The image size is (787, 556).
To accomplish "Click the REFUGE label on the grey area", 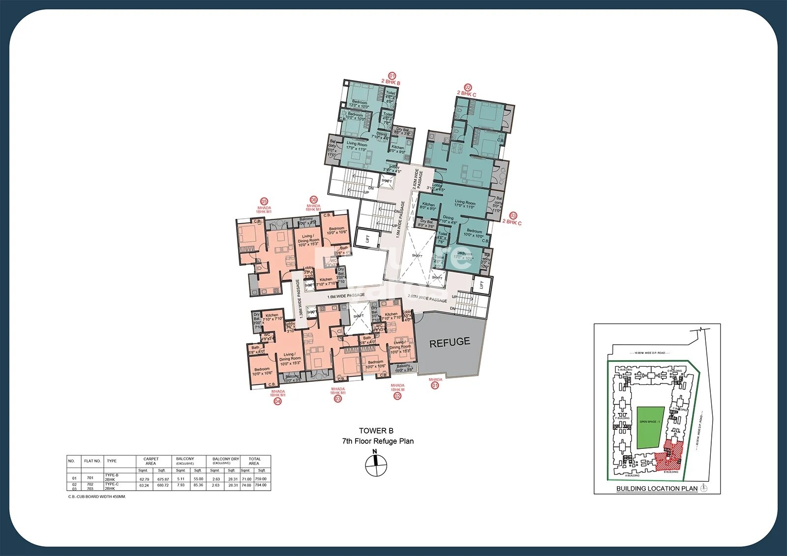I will (450, 343).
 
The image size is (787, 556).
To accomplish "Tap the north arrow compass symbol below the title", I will (376, 464).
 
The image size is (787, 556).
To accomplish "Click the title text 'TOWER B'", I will (376, 431).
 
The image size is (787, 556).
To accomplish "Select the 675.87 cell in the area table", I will (163, 479).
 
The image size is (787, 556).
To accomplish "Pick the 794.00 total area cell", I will (261, 485).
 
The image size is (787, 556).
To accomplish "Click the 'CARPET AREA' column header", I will (151, 461).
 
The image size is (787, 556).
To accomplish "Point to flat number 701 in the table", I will (90, 478).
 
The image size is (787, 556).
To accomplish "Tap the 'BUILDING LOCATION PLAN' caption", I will (657, 488).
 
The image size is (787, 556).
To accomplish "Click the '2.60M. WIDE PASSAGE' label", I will (427, 298).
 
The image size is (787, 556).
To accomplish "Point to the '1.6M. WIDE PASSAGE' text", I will (346, 296).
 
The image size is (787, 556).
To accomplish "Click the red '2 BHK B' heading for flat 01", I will (391, 83).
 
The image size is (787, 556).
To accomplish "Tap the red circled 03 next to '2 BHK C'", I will (513, 215).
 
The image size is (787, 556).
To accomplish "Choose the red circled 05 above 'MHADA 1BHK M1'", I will (264, 202).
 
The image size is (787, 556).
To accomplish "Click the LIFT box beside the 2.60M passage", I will (482, 285).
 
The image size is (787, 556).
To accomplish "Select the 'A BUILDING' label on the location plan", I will (632, 475).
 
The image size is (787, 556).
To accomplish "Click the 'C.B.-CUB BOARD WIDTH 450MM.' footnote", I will (97, 497).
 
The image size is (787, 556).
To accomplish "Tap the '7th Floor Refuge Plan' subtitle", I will (377, 441).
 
